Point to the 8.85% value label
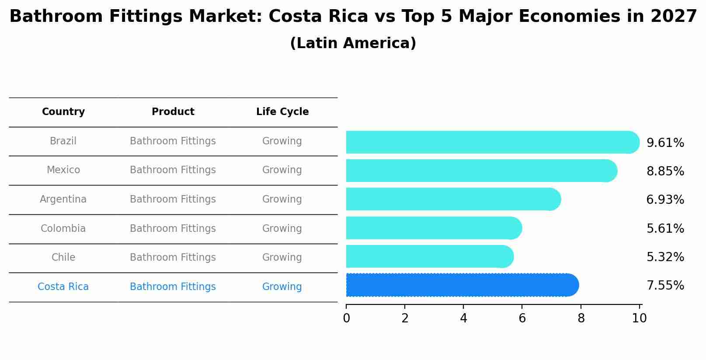(665, 171)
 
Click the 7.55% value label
(665, 285)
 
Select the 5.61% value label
(665, 228)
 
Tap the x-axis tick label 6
(522, 318)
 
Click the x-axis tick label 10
(639, 318)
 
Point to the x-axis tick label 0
(346, 318)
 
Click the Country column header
(63, 112)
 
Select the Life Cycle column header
(282, 112)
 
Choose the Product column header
(173, 112)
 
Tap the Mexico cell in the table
(63, 170)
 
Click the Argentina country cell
(63, 199)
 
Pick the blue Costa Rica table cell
(63, 287)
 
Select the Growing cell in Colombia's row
(282, 228)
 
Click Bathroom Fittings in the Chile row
(173, 257)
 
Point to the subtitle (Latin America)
(353, 43)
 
